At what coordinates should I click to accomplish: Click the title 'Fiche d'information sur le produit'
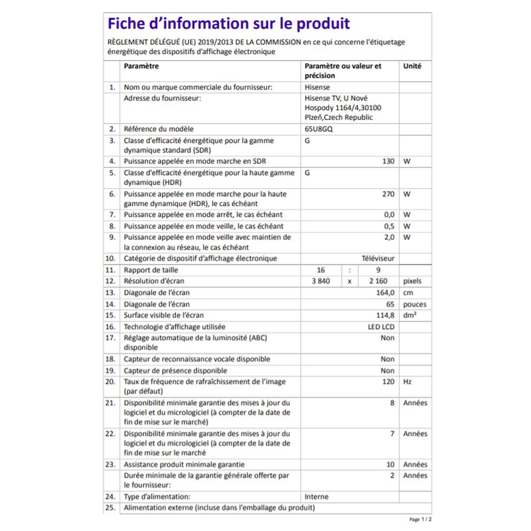229,23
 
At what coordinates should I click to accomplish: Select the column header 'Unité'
412,66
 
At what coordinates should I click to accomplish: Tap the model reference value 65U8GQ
319,129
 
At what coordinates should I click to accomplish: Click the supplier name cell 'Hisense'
317,87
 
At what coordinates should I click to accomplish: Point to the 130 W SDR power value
388,162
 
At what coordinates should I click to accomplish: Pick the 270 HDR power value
388,194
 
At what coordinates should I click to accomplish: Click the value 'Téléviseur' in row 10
377,258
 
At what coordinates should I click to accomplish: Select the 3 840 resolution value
321,281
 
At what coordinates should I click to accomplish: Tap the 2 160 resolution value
378,281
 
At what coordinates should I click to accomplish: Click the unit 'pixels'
412,281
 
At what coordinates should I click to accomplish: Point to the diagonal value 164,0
385,293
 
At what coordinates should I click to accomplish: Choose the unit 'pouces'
415,304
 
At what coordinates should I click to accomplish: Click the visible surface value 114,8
385,316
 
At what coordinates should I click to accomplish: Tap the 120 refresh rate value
388,382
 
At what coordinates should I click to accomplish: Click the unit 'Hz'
407,382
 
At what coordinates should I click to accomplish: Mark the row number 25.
110,508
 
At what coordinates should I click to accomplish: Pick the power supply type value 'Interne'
316,497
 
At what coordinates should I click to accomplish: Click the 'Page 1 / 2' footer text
420,519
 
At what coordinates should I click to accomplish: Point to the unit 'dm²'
410,316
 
